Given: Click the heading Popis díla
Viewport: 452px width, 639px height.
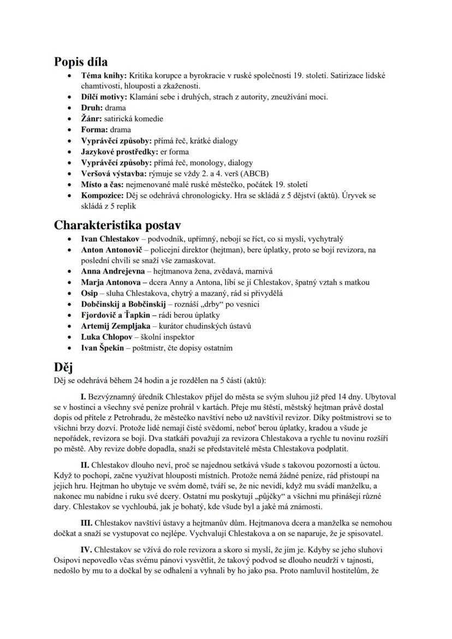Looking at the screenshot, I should pyautogui.click(x=81, y=62).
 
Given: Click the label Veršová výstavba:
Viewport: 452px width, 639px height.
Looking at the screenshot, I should pyautogui.click(x=113, y=174).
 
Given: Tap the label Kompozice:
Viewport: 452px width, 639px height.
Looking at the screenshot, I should pyautogui.click(x=104, y=195).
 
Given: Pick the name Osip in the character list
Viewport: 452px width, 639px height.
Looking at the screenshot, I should pyautogui.click(x=90, y=293).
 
